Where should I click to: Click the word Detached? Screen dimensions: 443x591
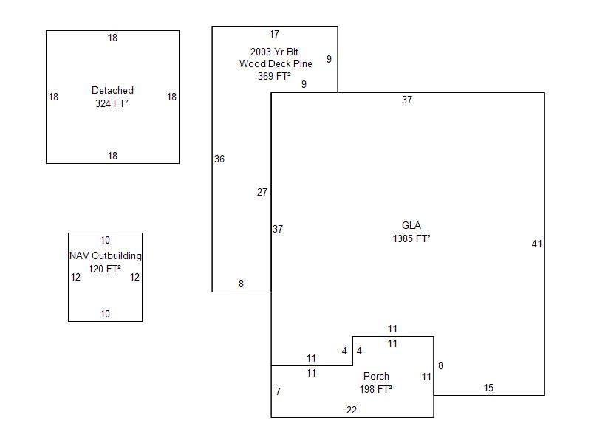point(112,91)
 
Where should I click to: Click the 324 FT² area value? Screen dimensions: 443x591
point(112,104)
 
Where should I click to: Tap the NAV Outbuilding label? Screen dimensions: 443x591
point(105,256)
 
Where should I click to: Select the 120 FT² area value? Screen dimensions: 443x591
point(105,269)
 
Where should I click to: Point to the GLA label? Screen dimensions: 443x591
point(411,226)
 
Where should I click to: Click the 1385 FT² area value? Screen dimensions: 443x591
point(411,239)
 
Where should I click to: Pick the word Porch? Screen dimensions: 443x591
point(376,377)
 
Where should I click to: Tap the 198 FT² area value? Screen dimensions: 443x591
point(376,390)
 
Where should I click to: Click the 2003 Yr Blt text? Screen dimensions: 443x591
point(275,51)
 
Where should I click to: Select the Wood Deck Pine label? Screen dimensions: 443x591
point(275,64)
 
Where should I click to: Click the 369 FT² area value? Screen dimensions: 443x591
point(274,77)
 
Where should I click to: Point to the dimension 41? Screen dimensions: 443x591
point(537,244)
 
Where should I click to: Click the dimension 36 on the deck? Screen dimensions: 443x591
point(219,159)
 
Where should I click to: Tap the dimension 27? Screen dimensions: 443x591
point(262,193)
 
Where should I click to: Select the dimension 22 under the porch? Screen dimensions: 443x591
point(352,411)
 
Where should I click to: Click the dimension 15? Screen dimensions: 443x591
point(488,388)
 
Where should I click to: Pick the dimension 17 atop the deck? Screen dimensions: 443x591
point(274,35)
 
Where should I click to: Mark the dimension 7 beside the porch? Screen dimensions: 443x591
point(279,392)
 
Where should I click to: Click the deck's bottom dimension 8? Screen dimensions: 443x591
point(241,284)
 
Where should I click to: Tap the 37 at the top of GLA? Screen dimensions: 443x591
point(407,100)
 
